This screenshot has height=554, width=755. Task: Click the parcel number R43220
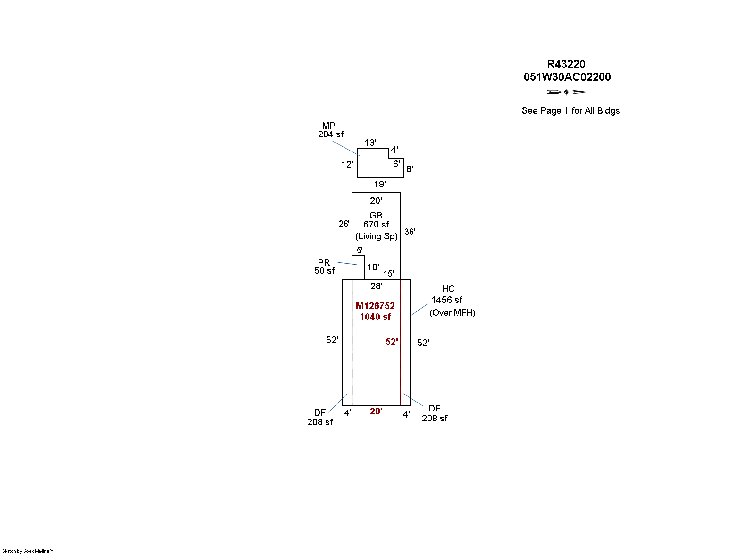pos(566,64)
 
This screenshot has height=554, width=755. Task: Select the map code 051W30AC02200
pos(567,77)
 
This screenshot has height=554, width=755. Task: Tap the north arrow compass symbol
pos(567,92)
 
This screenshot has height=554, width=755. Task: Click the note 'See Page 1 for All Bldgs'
pos(570,110)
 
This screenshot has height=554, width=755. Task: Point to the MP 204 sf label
pos(330,130)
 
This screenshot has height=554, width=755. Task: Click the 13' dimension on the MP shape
pos(370,143)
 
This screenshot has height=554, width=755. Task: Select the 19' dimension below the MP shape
pos(379,184)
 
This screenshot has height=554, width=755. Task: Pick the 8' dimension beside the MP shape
pos(410,169)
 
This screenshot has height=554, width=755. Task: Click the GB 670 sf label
pos(376,220)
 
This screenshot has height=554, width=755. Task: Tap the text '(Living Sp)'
pos(376,236)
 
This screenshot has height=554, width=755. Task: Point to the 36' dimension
pos(410,232)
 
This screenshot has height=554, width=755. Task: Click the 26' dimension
pos(344,223)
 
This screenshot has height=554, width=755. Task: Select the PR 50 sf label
pos(324,267)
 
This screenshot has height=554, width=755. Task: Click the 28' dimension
pos(376,286)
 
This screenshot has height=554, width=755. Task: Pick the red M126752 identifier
pos(375,306)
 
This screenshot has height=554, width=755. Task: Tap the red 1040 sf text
pos(375,317)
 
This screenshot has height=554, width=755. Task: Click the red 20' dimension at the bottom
pos(376,411)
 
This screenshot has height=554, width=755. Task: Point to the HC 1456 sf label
pos(447,294)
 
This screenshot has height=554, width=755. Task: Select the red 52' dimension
pos(392,342)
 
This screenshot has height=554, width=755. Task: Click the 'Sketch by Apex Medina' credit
pos(28,551)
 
